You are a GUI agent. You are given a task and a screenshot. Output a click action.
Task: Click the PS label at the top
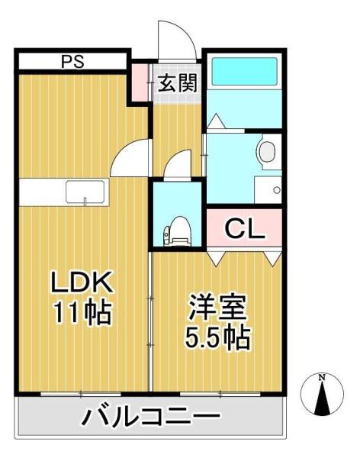tap(72, 61)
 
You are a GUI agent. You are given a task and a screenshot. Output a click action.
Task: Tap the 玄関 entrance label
tap(177, 83)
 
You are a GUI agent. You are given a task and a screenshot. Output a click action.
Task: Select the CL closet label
tap(244, 228)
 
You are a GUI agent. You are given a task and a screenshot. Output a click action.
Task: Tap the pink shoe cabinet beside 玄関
tap(140, 82)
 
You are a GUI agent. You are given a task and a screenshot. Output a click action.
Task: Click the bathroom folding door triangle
tap(216, 123)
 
